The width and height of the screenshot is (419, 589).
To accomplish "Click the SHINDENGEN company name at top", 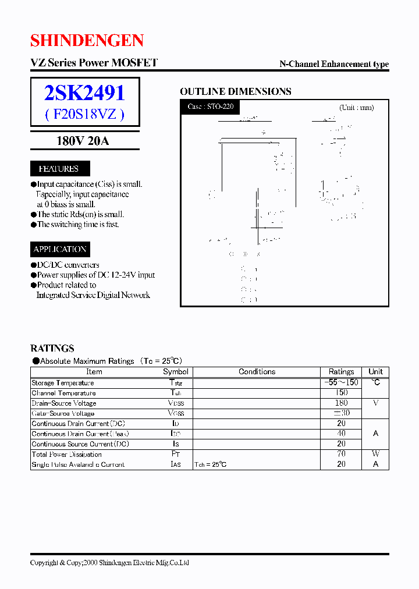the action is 87,40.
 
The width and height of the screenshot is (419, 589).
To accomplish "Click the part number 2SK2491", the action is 84,93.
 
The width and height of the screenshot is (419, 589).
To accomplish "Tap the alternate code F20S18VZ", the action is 84,114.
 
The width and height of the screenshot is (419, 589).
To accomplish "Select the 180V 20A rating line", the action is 83,140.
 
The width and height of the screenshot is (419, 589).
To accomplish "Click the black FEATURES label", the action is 59,169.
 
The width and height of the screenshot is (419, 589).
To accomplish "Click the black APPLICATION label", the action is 60,249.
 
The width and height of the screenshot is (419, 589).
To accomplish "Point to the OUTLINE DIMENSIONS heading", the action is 235,91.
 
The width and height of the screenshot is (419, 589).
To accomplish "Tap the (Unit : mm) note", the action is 356,108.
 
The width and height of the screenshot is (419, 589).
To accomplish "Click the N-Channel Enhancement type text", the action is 334,64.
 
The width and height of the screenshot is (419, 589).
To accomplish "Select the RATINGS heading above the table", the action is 52,348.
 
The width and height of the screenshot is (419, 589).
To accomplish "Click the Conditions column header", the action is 257,371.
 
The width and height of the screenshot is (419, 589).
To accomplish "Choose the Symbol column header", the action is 175,371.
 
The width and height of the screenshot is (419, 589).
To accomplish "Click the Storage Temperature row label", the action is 63,383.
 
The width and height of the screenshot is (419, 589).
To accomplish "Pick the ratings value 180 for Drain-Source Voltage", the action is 341,403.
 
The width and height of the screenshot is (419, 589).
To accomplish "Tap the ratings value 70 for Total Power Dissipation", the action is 341,454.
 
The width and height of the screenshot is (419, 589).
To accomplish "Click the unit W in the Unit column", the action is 375,454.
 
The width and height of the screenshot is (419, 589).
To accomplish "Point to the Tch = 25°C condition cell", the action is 211,464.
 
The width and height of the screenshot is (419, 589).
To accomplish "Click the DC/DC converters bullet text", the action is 68,265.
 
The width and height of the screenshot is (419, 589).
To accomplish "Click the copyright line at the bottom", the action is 109,563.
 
